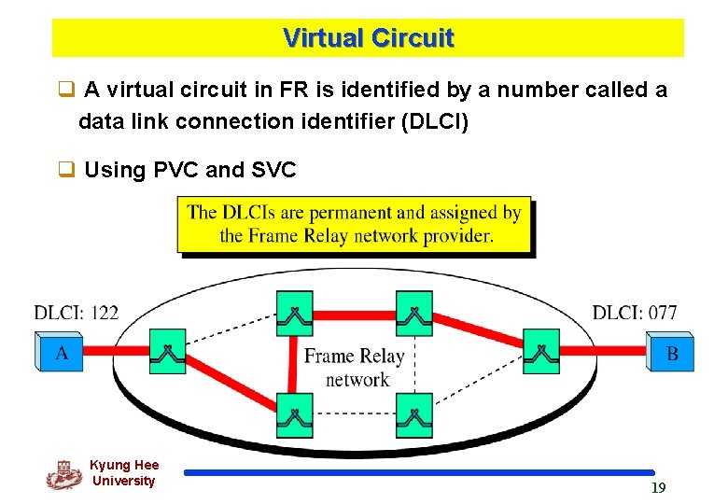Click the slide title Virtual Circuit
[368, 38]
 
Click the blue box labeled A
[61, 352]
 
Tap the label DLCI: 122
[77, 313]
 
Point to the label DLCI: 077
[635, 313]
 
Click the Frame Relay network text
[355, 367]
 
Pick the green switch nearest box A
[168, 352]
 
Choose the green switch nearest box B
[540, 352]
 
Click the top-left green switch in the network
[295, 312]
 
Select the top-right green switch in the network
[414, 312]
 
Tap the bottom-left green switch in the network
[295, 415]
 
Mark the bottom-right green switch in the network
[414, 415]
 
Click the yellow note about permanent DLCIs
[354, 224]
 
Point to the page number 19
[658, 488]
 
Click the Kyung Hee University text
[124, 472]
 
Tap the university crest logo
[64, 475]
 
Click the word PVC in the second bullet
[175, 170]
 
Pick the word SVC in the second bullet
[273, 170]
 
